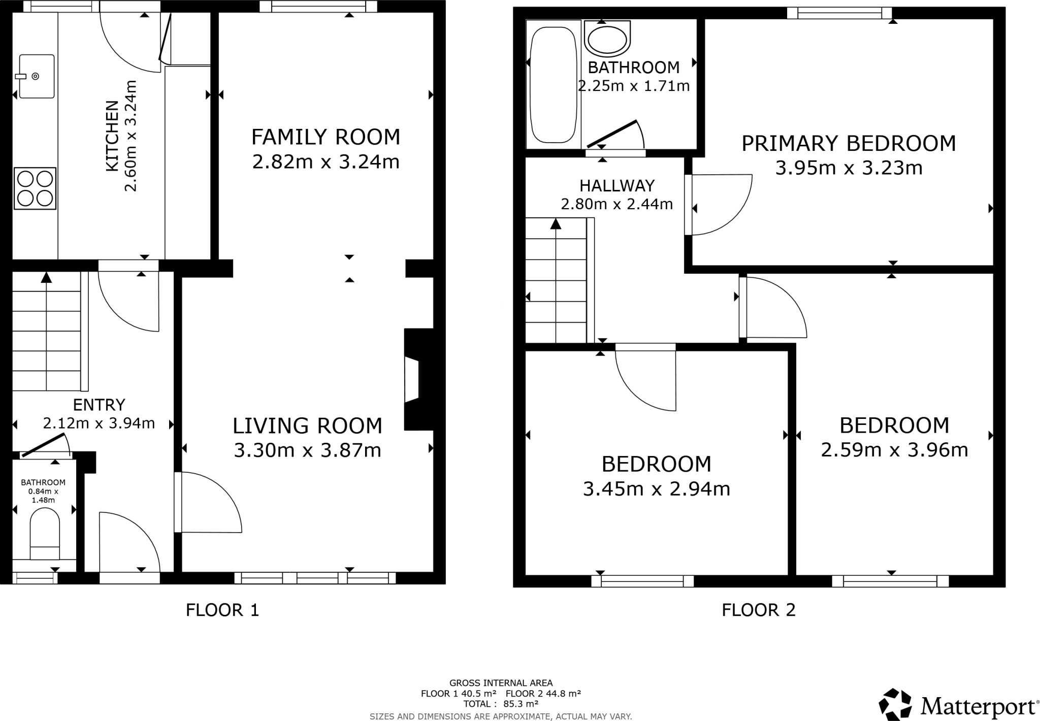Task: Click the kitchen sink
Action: (36, 76)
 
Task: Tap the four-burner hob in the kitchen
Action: (35, 188)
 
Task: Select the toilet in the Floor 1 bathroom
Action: (45, 533)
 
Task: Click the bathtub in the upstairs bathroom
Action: (553, 84)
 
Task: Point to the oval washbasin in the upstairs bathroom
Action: (607, 39)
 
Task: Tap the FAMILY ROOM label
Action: (326, 137)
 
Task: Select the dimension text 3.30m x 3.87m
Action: (307, 450)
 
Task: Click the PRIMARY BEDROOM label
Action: (848, 144)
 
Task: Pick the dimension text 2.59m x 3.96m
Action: (894, 450)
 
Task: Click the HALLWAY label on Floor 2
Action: (616, 186)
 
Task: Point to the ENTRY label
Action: (99, 405)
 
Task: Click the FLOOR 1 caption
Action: (222, 610)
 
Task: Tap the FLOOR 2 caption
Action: (758, 610)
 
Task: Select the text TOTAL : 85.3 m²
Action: (500, 704)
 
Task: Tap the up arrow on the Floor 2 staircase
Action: (556, 224)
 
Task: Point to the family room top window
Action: (318, 6)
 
